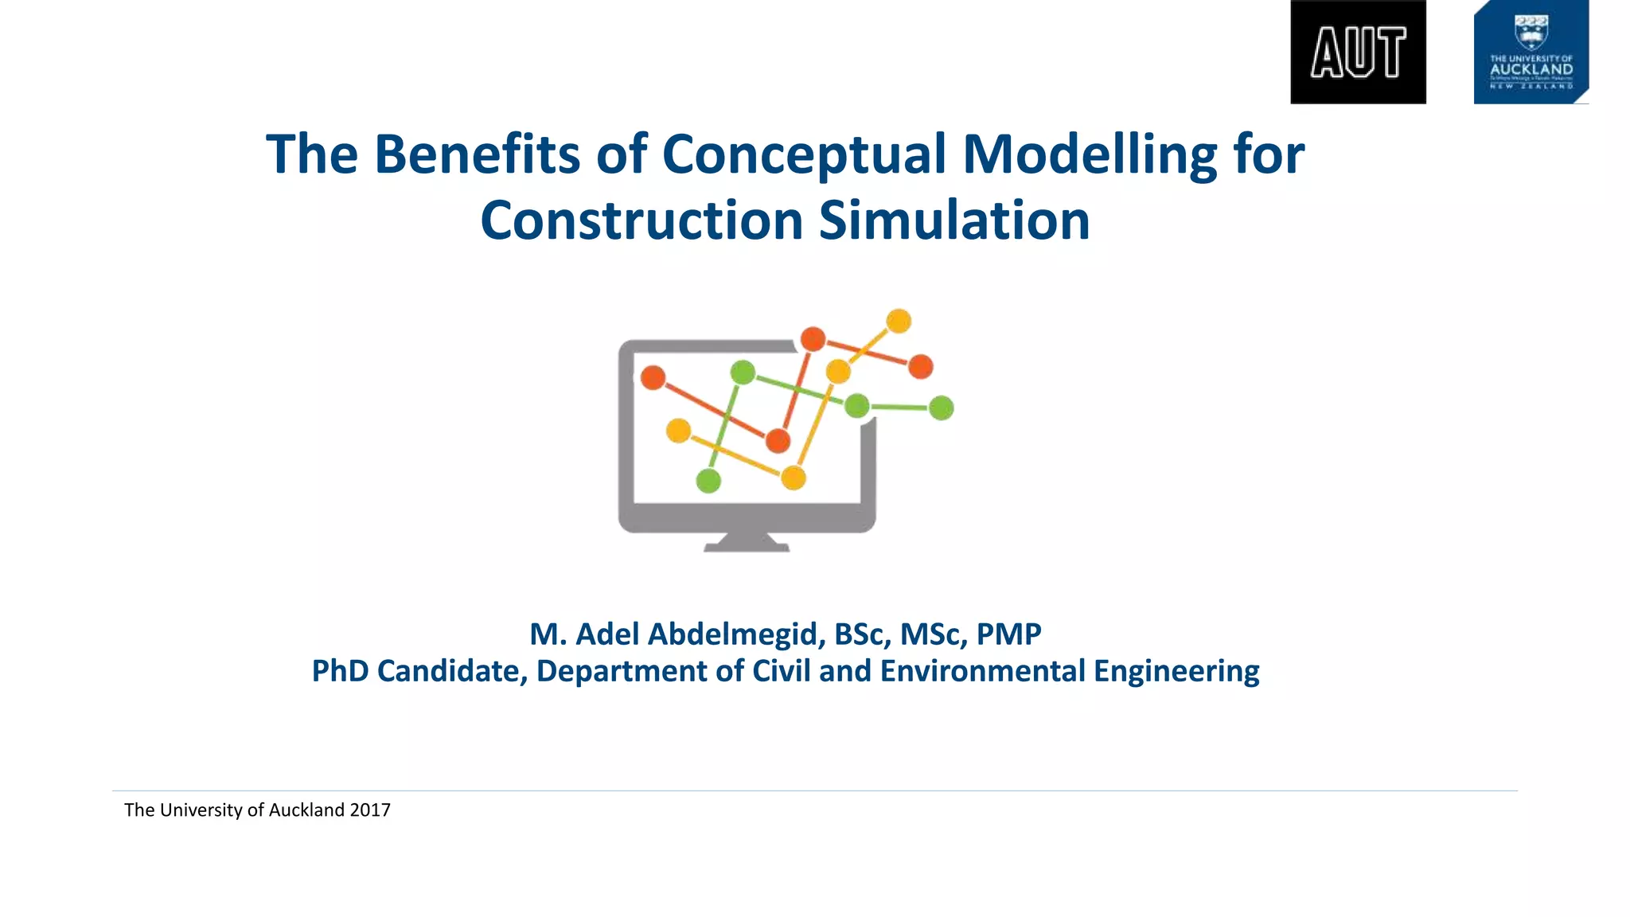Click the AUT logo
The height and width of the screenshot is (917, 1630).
point(1358,53)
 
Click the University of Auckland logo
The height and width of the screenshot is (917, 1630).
point(1531,53)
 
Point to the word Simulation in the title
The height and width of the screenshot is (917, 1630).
point(954,220)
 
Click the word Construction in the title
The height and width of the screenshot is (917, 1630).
point(641,220)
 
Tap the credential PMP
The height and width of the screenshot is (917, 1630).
point(1008,634)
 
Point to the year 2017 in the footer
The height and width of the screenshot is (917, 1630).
point(370,810)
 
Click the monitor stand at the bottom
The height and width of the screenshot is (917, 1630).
point(747,543)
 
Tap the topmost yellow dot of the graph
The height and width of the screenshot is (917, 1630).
point(899,321)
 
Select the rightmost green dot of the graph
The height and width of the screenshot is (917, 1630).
point(942,408)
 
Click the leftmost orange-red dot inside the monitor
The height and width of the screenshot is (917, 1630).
point(653,377)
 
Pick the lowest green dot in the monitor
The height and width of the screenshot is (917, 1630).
point(708,481)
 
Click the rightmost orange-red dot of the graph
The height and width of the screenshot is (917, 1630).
point(921,367)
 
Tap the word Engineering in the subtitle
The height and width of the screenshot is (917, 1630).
point(1176,671)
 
